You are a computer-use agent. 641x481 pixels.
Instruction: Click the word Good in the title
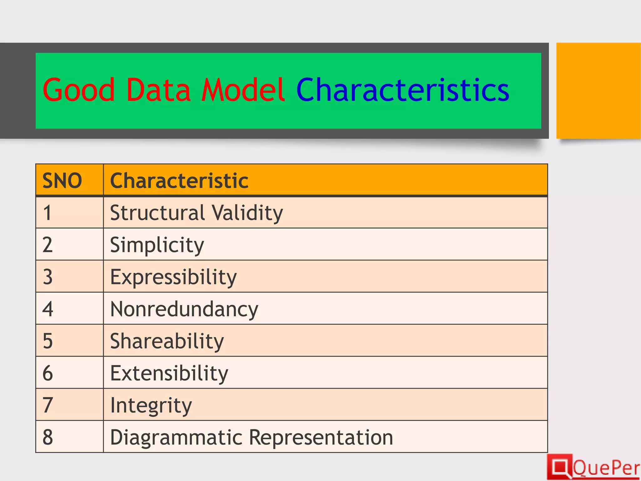tap(79, 90)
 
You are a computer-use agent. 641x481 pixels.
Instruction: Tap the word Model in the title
tap(243, 90)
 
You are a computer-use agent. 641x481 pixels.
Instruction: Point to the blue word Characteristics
tap(403, 90)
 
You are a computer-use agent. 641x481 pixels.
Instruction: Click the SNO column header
tap(62, 181)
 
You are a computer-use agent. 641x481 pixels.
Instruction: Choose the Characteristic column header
tap(179, 181)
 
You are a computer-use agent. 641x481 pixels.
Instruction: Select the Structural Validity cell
tap(196, 213)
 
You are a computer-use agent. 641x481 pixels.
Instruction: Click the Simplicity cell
tap(157, 245)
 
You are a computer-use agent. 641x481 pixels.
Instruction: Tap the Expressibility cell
tap(173, 277)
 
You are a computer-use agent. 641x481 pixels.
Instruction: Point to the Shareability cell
tap(167, 341)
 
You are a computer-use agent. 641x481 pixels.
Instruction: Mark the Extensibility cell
tap(169, 373)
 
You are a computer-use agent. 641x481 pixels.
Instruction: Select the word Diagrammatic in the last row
tap(176, 437)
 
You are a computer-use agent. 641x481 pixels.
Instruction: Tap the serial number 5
tap(48, 341)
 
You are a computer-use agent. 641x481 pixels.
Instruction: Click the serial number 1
tap(47, 213)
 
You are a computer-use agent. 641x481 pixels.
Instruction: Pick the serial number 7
tap(48, 405)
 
